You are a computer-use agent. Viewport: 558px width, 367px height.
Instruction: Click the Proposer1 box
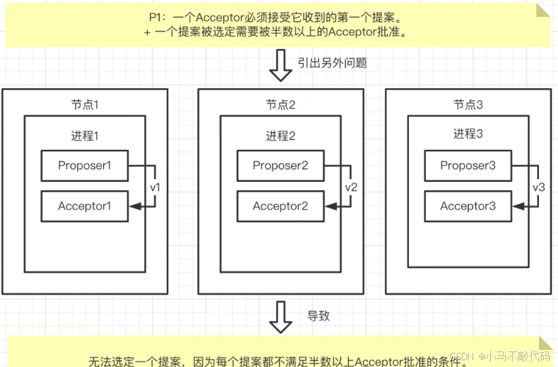[84, 166]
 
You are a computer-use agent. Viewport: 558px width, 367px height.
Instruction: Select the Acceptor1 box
[84, 206]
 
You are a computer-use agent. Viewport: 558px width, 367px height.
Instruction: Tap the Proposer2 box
[280, 166]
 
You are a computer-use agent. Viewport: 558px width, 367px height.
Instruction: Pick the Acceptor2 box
[280, 206]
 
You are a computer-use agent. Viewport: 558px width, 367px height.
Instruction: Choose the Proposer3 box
[468, 166]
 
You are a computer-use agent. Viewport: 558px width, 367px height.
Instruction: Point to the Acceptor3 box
[468, 206]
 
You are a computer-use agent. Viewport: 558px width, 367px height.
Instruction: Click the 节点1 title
[85, 105]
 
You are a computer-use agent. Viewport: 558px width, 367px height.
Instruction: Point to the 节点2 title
[280, 105]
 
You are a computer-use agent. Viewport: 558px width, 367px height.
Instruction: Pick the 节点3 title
[468, 105]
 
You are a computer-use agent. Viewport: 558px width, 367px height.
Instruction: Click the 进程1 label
[85, 135]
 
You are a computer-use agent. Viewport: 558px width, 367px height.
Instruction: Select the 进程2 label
[280, 135]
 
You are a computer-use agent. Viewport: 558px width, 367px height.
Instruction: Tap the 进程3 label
[468, 135]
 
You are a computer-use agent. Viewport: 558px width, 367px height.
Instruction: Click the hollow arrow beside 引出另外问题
[279, 65]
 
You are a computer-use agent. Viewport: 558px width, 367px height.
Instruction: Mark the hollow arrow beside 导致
[279, 316]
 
